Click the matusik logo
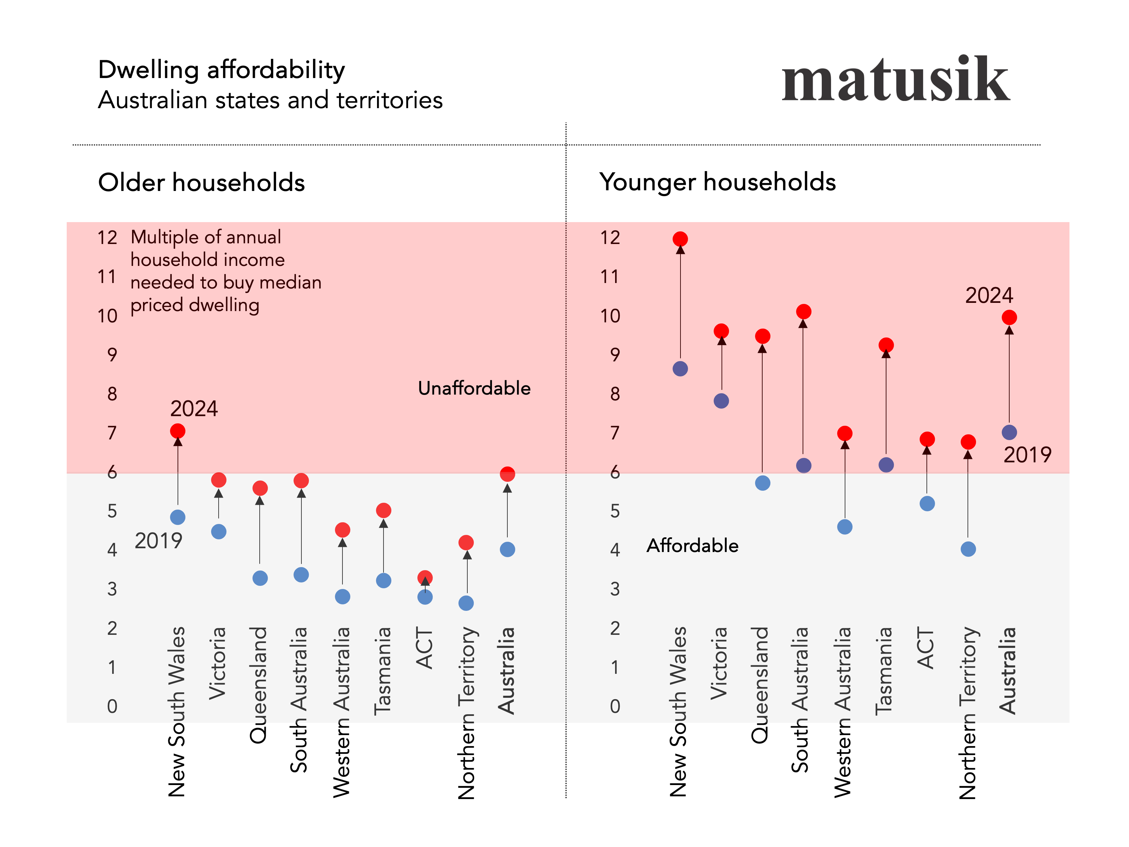(x=895, y=79)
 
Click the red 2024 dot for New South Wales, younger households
(x=680, y=239)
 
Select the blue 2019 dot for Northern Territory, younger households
(x=968, y=549)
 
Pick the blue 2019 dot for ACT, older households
(x=425, y=597)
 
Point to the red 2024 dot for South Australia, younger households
(x=803, y=311)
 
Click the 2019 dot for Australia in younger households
(x=1009, y=433)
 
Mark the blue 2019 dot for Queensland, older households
(x=260, y=578)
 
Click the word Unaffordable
(x=474, y=388)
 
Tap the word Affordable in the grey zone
(x=692, y=546)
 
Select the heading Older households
(x=201, y=182)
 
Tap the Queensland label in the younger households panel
(x=760, y=685)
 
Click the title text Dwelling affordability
(x=221, y=69)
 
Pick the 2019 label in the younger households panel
(x=1027, y=455)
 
